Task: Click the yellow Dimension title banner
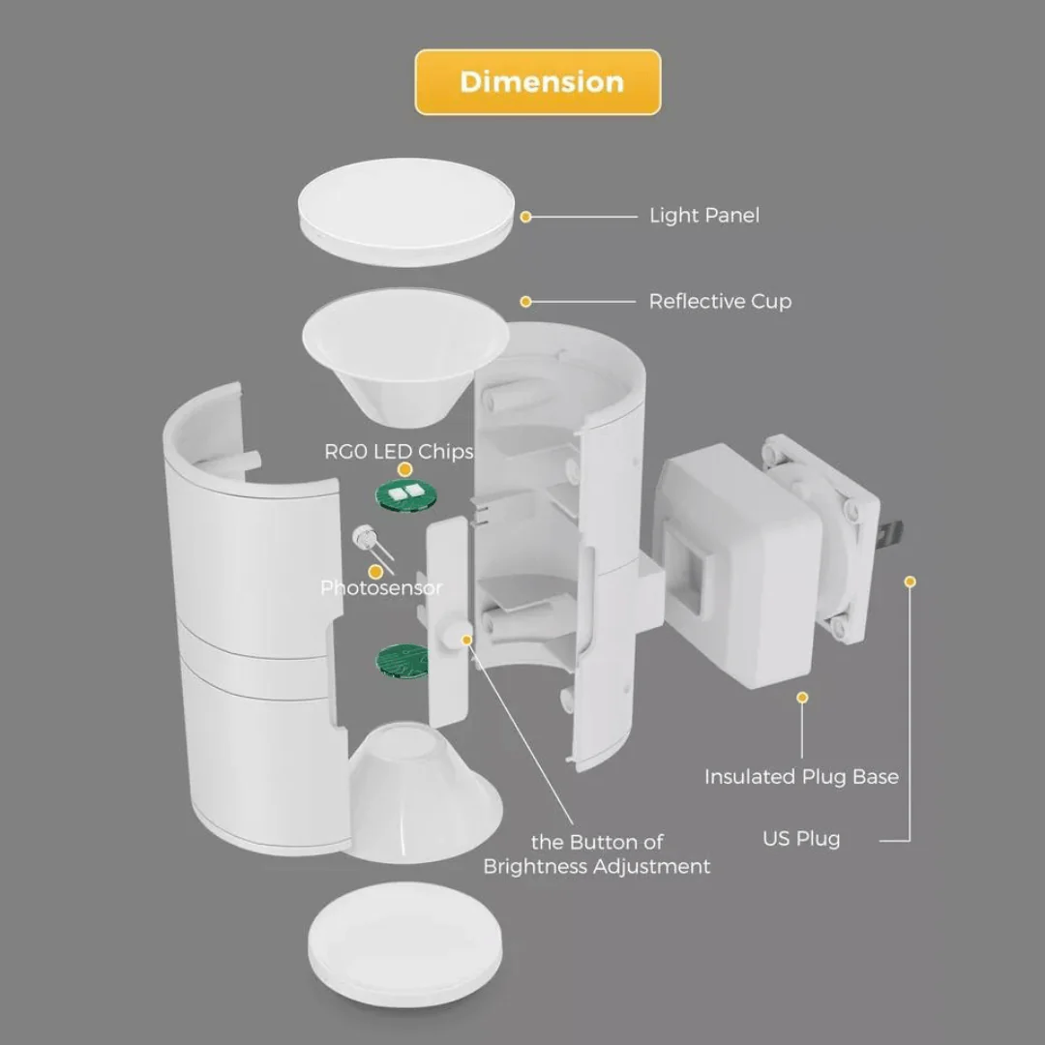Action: pos(538,82)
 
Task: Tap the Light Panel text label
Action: pos(703,215)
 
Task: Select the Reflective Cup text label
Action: pos(719,301)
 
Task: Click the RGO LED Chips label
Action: pos(399,451)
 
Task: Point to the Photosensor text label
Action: pos(381,587)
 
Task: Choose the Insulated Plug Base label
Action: pos(801,776)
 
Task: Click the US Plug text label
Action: pos(801,838)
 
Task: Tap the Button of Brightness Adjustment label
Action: pos(597,854)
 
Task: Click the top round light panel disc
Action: pos(405,218)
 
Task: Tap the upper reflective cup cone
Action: pos(405,358)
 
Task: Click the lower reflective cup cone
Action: pos(424,793)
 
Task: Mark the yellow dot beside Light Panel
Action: pos(525,217)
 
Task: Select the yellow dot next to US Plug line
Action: pos(910,582)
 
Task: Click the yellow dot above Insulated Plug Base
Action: pos(801,697)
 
